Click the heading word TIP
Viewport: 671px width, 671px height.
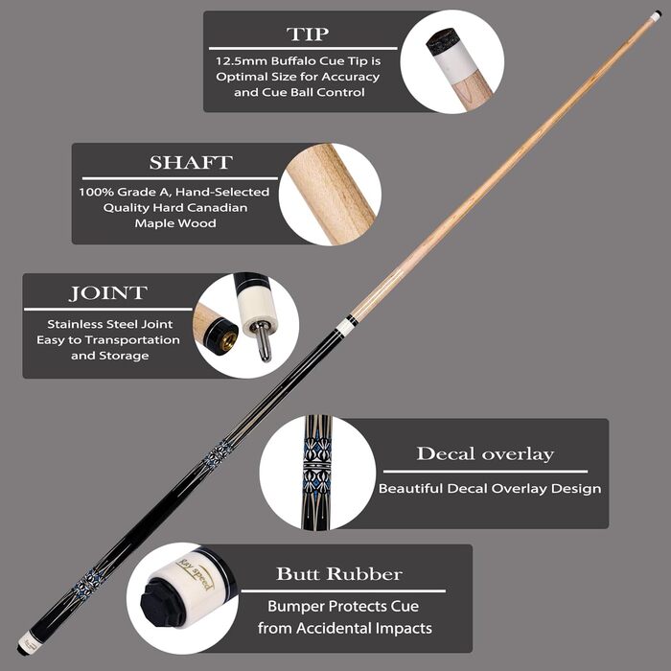click(308, 34)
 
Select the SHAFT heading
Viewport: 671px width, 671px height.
click(191, 162)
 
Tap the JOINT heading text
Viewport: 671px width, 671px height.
click(108, 293)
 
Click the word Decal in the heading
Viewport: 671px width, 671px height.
click(446, 453)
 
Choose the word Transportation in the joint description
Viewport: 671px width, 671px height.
click(132, 339)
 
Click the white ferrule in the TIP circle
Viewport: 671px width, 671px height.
click(456, 63)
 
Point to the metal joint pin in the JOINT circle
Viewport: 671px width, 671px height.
click(263, 340)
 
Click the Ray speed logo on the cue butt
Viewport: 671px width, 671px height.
click(196, 574)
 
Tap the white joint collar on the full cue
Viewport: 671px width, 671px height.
click(344, 327)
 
